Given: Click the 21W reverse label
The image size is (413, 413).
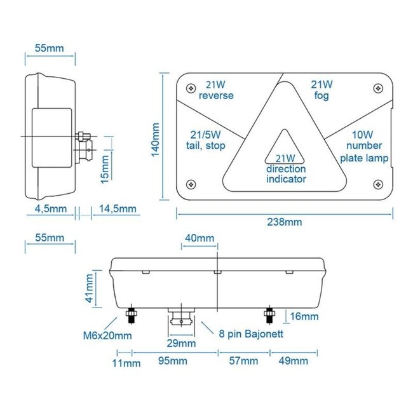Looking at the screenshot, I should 216,90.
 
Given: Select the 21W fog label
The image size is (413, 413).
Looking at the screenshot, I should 322,90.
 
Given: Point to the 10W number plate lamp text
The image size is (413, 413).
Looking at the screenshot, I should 363,145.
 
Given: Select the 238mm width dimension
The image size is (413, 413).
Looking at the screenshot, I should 285,222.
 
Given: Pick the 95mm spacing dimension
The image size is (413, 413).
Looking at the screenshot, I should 172,362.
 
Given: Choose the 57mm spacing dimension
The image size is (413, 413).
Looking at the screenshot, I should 243,362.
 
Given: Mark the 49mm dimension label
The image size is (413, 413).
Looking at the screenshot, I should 293,362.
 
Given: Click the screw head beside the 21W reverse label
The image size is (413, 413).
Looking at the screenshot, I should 189,86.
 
